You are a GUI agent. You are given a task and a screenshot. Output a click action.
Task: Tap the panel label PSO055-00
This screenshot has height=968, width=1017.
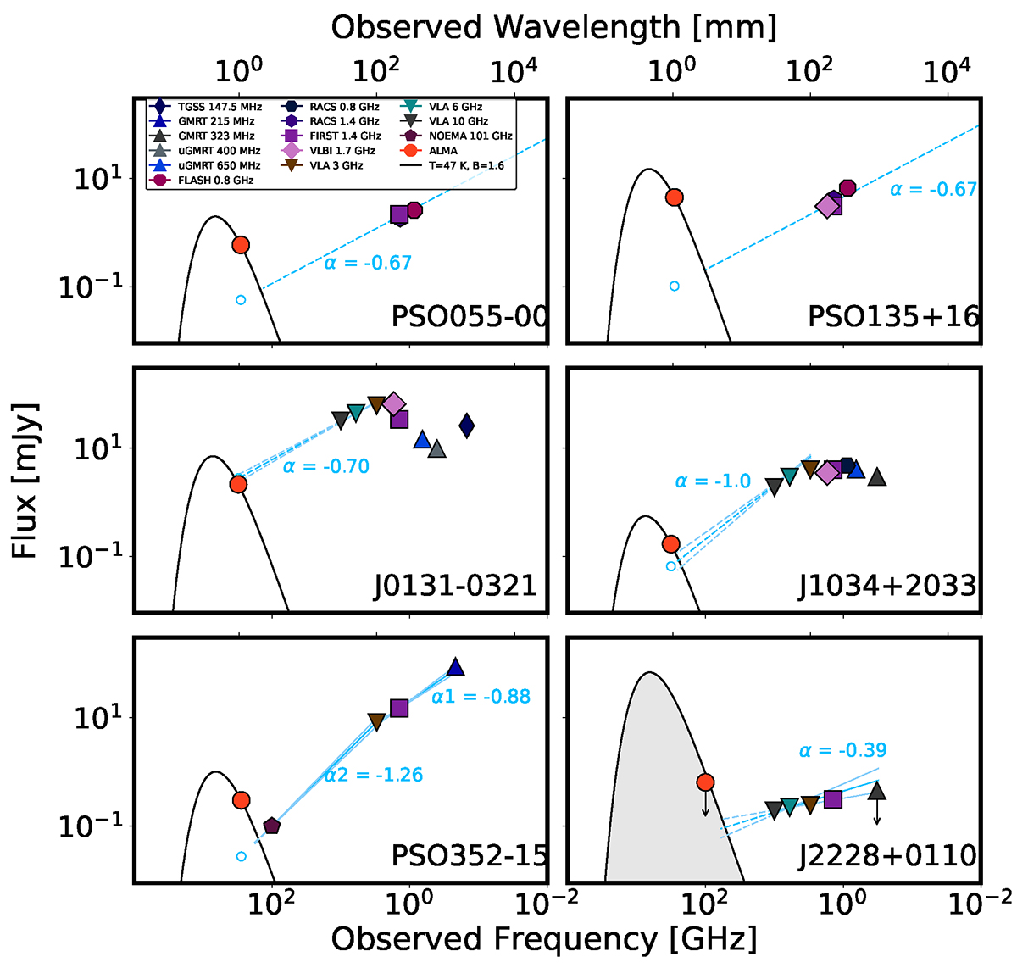coord(469,317)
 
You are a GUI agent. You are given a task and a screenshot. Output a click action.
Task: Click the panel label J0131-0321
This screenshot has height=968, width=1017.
coord(455,586)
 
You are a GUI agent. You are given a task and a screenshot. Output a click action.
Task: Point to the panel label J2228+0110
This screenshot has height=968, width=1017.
coord(887,855)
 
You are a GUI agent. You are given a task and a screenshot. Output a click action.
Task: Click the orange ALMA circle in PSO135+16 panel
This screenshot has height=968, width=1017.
coord(675,197)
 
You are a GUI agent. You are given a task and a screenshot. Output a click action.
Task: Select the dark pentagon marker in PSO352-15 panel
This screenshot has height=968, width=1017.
coord(271,826)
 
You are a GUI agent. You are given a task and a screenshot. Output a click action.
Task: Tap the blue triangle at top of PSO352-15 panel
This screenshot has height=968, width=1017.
coord(455,667)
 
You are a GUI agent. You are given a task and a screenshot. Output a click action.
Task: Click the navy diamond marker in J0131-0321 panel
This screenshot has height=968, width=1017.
coord(466,426)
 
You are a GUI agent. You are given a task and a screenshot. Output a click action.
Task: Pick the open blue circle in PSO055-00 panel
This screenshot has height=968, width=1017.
coord(241,299)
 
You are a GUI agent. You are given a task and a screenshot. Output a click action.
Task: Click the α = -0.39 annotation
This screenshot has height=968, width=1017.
coord(842,750)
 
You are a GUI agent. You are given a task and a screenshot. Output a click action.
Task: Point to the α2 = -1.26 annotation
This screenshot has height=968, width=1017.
coord(373,775)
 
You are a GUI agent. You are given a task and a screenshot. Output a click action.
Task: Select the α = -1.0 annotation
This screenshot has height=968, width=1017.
coord(713,481)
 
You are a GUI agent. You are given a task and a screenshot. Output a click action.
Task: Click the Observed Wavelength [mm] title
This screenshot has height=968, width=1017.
coord(553,27)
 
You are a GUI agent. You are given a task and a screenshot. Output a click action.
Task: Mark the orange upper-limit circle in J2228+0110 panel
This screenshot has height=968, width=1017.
coord(705,782)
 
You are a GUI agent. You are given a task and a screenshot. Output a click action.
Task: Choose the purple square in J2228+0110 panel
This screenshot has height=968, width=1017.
coord(833,798)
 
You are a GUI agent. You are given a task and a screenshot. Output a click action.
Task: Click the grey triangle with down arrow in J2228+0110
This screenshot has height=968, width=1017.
coord(877,792)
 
